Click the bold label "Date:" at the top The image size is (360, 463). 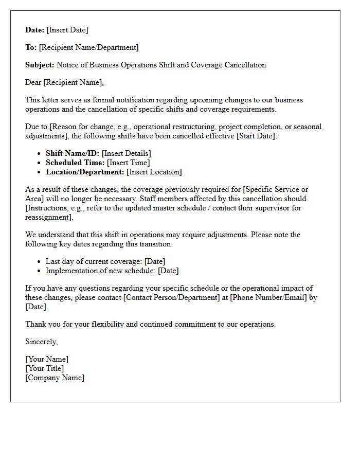tap(35, 30)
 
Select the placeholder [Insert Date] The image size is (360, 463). tap(67, 30)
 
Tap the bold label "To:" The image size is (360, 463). tap(31, 47)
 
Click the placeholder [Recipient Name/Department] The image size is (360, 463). tap(89, 47)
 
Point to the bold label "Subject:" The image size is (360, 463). tap(40, 65)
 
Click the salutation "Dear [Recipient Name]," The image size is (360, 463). tap(64, 82)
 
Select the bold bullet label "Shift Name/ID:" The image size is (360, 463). tap(73, 153)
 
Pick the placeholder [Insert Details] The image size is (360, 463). tap(127, 153)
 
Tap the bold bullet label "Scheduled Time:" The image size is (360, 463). tap(75, 163)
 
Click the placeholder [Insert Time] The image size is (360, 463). tap(129, 163)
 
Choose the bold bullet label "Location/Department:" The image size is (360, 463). tap(85, 172)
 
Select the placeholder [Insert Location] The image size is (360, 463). tap(154, 172)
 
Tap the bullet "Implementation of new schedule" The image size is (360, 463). tap(101, 271)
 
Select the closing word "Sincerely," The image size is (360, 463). tap(41, 342)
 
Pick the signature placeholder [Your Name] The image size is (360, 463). tap(47, 359)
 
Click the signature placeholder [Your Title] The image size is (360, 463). tap(45, 368)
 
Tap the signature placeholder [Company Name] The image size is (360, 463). tap(55, 378)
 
